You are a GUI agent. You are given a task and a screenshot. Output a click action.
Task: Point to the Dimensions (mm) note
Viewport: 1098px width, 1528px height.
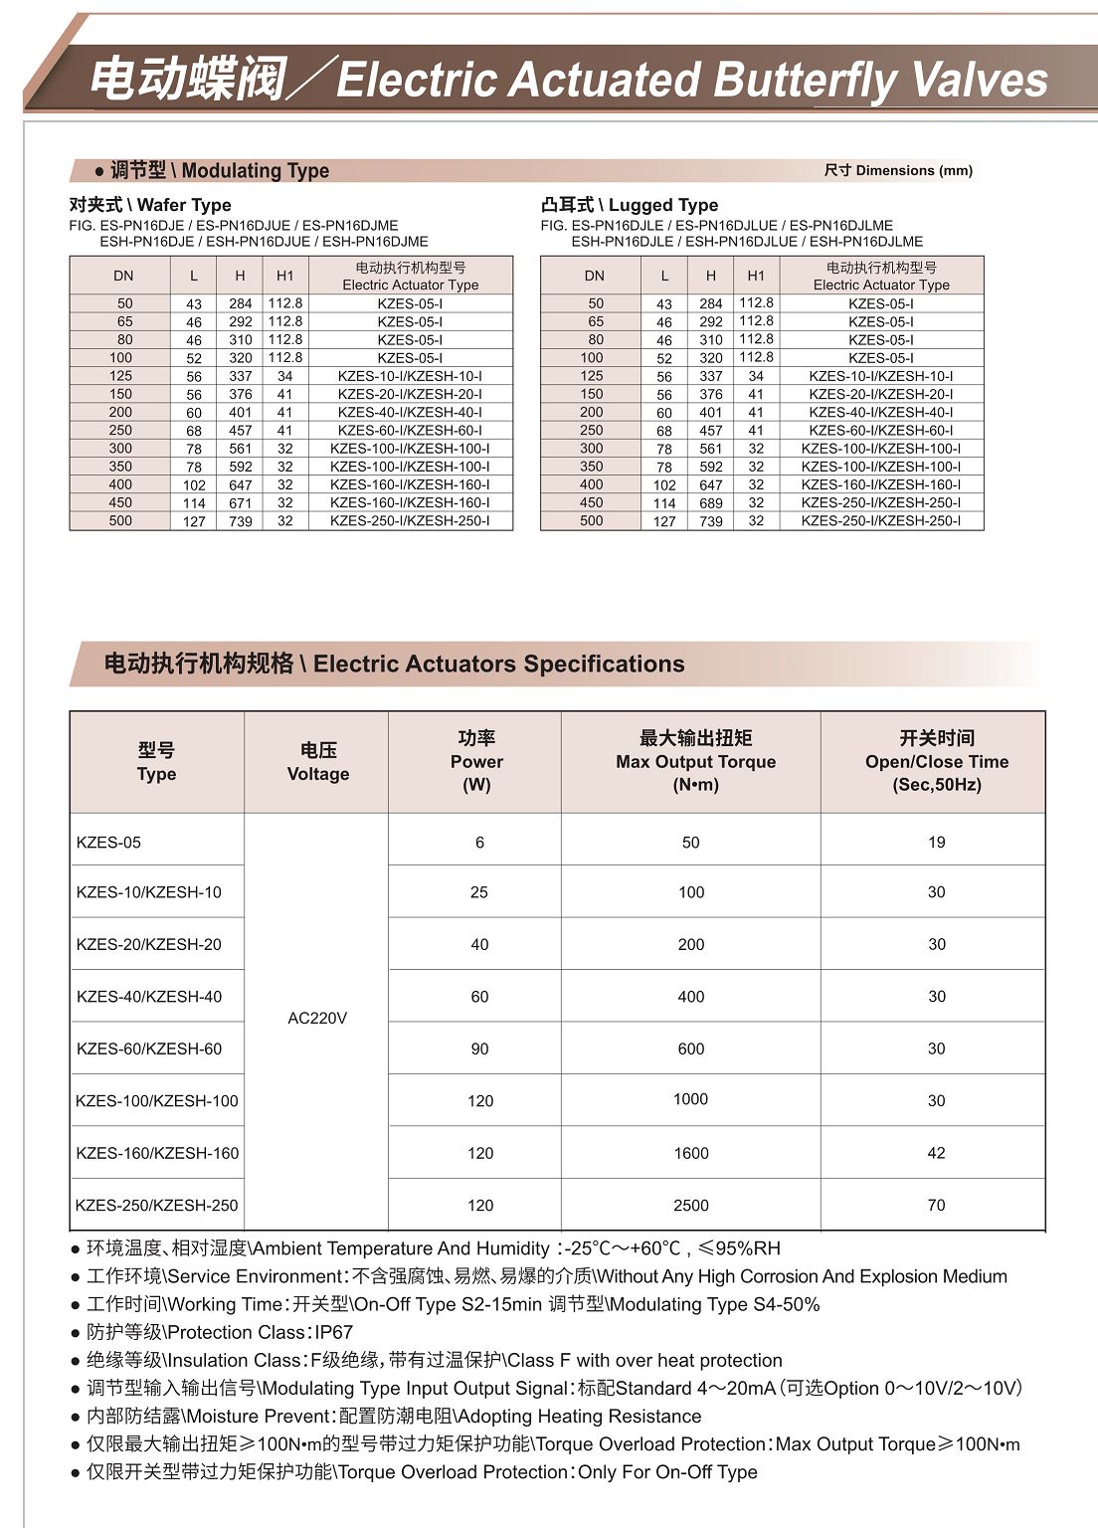(x=898, y=170)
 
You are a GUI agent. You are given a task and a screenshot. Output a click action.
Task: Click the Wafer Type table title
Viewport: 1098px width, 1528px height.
(x=150, y=205)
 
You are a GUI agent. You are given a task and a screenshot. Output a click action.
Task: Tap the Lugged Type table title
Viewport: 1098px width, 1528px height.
(x=630, y=205)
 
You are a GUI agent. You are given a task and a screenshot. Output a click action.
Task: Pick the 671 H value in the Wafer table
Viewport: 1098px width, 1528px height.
(x=241, y=503)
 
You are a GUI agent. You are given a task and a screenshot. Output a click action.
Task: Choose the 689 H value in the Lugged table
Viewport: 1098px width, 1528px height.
(x=711, y=503)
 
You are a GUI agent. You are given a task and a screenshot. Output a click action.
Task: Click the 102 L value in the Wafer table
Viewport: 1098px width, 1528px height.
(x=194, y=485)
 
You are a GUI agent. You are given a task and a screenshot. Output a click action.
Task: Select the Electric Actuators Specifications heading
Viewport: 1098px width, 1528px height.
(x=395, y=664)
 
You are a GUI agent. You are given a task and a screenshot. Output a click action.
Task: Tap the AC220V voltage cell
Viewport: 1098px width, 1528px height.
(x=317, y=1019)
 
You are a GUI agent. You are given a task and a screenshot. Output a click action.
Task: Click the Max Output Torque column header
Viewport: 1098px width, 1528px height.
(x=695, y=762)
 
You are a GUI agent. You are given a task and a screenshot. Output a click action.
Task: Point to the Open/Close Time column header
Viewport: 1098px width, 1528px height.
(x=937, y=762)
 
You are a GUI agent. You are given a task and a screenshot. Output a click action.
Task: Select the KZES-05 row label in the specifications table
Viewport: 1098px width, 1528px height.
(x=108, y=843)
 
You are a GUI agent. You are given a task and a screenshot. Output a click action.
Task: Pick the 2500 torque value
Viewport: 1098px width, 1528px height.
(x=691, y=1206)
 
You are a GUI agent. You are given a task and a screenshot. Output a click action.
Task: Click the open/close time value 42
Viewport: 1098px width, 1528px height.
(x=937, y=1153)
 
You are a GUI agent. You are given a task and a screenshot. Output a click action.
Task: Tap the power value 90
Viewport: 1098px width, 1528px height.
(x=479, y=1049)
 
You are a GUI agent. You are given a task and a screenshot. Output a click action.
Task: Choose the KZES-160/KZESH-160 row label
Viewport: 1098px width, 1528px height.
(x=157, y=1153)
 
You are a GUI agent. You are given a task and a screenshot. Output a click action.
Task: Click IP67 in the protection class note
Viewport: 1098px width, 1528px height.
(x=333, y=1332)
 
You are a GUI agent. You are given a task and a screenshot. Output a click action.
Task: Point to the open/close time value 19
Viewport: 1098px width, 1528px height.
(x=937, y=843)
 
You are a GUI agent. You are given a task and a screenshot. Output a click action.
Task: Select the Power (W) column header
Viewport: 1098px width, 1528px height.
(x=476, y=762)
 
